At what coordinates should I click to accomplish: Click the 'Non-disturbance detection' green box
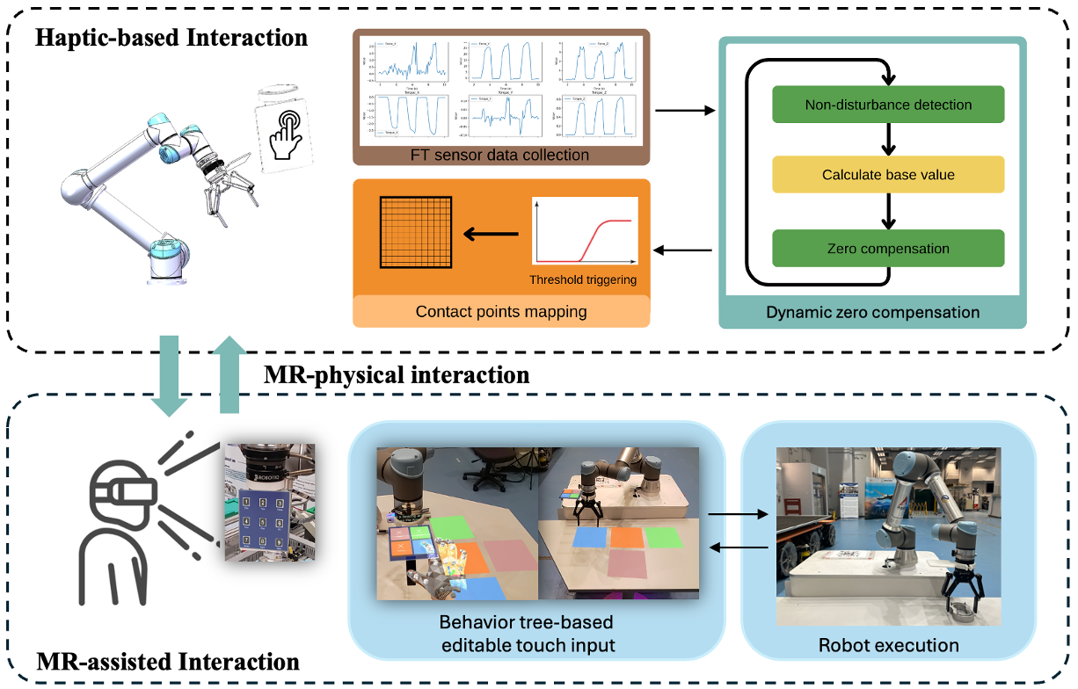(888, 105)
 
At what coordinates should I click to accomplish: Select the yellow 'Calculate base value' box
(888, 175)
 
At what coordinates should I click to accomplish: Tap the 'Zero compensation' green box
(888, 249)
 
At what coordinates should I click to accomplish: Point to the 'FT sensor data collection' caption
(501, 155)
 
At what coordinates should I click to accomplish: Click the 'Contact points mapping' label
(501, 311)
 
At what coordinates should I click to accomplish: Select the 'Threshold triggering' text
(583, 280)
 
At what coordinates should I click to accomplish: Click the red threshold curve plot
(583, 232)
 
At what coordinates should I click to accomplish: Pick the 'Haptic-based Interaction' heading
(171, 39)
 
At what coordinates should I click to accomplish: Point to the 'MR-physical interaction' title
(397, 375)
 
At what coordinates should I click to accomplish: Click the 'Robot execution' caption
(888, 645)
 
